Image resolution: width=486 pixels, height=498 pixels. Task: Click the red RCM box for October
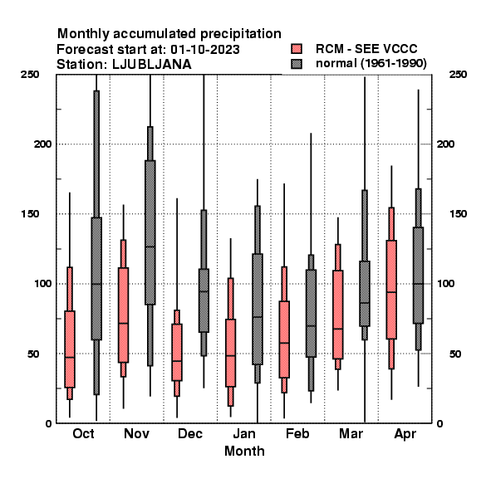[x=70, y=349]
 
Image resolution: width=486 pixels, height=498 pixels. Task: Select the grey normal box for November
[x=150, y=232]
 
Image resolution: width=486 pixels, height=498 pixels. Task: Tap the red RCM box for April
[x=391, y=290]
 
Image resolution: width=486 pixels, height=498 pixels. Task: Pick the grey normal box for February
[x=312, y=314]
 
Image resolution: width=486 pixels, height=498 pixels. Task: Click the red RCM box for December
[x=177, y=352]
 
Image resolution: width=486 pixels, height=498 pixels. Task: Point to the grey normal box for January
[x=258, y=309]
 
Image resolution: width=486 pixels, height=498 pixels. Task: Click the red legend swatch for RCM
[x=297, y=49]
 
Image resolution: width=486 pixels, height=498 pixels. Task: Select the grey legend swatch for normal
[x=297, y=64]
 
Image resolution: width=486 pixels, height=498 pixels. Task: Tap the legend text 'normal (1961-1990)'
[x=371, y=64]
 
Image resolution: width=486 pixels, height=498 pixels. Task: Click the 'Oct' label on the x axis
[x=83, y=434]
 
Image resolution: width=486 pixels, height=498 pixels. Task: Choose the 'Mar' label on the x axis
[x=351, y=434]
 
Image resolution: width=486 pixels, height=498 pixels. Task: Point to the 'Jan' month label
[x=244, y=434]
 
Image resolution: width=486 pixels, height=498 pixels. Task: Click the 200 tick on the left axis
[x=42, y=144]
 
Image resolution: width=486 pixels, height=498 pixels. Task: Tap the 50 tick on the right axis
[x=455, y=354]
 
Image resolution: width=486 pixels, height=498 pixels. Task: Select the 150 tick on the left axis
[x=30, y=214]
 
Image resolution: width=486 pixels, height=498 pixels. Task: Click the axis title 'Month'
[x=244, y=452]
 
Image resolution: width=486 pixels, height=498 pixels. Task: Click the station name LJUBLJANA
[x=152, y=65]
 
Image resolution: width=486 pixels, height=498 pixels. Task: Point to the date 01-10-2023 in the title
[x=205, y=50]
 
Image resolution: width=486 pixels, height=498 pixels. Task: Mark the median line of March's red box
[x=338, y=329]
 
